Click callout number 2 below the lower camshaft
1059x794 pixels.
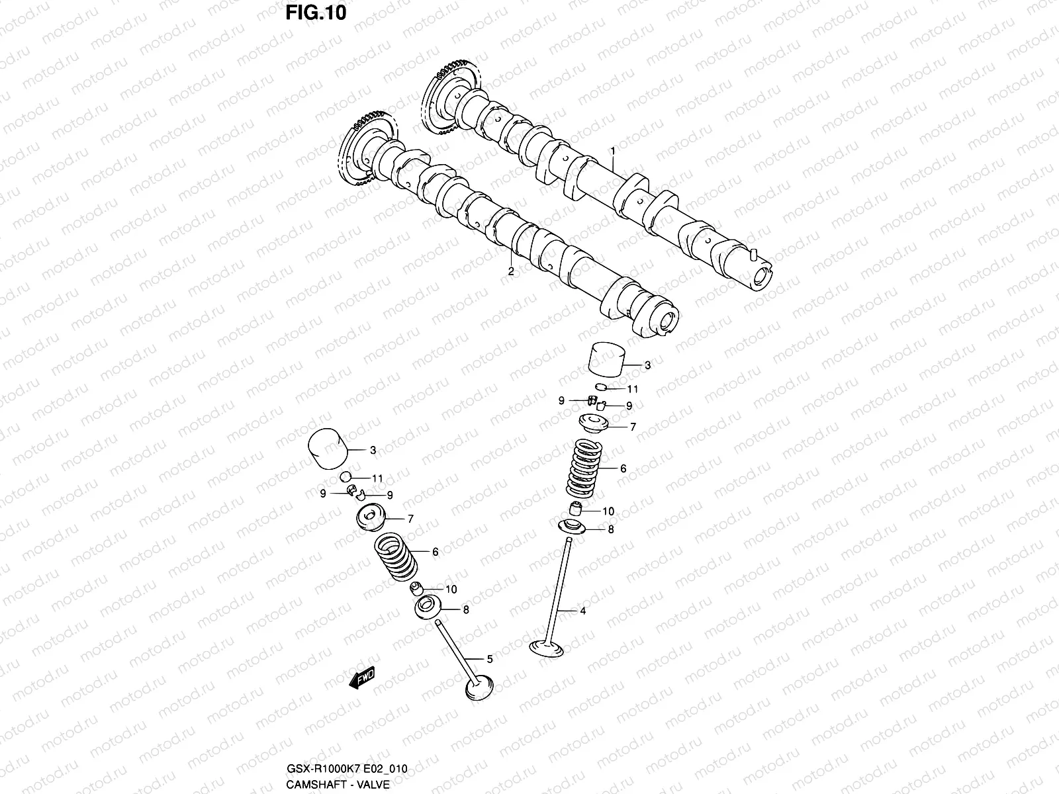(510, 271)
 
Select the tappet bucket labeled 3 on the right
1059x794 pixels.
(607, 362)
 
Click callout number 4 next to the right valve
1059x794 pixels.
(582, 611)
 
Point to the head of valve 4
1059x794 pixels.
(546, 646)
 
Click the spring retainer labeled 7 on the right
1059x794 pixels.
(593, 423)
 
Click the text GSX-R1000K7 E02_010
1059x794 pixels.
(347, 768)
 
